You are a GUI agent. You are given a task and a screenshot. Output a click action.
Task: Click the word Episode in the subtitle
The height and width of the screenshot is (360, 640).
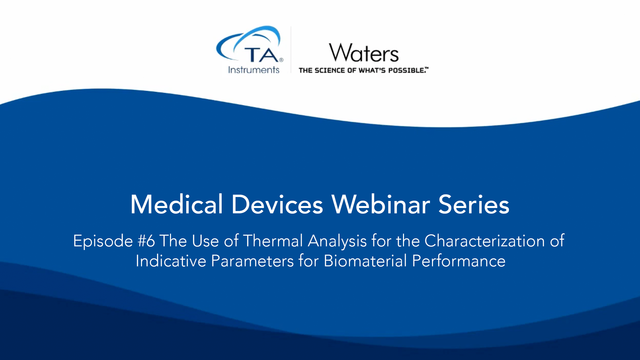pos(103,241)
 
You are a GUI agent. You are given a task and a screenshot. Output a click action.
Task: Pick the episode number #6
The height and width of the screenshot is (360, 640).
pos(146,241)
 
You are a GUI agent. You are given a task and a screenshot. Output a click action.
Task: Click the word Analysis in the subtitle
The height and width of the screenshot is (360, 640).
pos(337,241)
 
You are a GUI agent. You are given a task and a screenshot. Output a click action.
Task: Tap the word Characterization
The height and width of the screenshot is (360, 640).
pos(485,241)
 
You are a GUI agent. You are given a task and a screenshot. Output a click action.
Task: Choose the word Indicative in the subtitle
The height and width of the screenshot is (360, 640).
pos(171,261)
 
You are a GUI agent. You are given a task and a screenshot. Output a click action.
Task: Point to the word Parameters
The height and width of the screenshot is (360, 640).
pos(252,261)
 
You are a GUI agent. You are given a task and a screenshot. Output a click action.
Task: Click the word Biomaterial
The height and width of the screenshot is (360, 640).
pos(365,261)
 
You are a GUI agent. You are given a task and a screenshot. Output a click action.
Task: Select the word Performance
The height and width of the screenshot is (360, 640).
pos(459,261)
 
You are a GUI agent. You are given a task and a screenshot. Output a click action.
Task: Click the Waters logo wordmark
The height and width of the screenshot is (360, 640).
pos(364,53)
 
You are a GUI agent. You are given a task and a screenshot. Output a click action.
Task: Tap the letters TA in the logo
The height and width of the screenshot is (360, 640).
pos(262,55)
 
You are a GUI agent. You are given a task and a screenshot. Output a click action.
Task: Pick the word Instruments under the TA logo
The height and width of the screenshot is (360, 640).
pos(254,70)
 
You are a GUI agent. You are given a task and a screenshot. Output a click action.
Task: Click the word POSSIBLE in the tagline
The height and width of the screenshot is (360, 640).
pos(407,70)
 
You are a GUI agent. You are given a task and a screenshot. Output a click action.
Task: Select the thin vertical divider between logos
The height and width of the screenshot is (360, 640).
pos(291,50)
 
